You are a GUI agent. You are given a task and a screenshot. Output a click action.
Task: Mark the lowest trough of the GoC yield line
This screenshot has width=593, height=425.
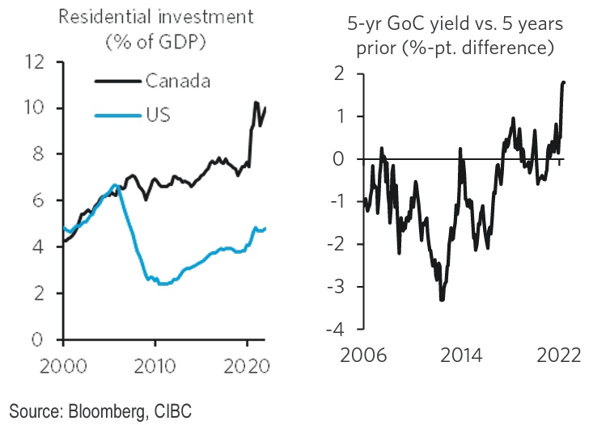coord(442,300)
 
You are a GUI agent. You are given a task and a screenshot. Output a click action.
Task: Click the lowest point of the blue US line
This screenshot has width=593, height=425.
coord(162,284)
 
